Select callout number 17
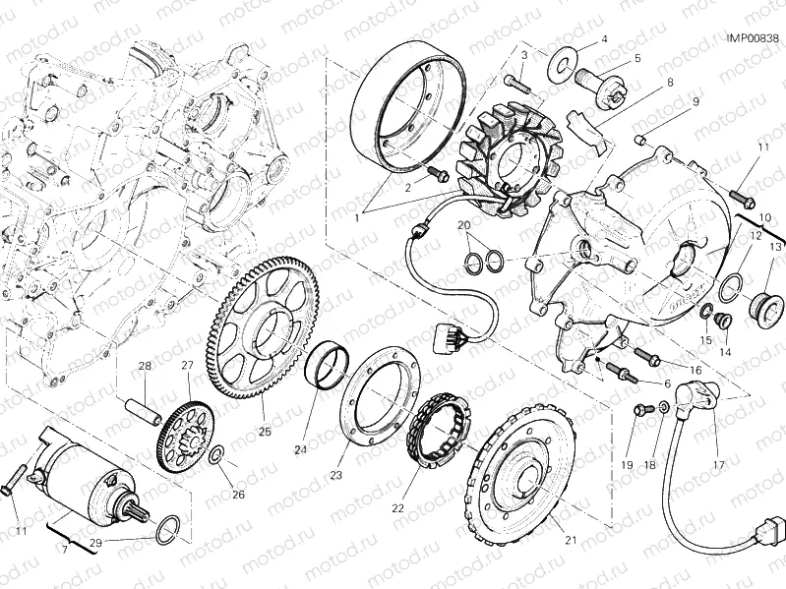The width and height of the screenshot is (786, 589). pos(717,464)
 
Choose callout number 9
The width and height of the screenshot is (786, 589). pos(695,101)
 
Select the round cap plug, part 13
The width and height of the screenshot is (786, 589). pos(764,303)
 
